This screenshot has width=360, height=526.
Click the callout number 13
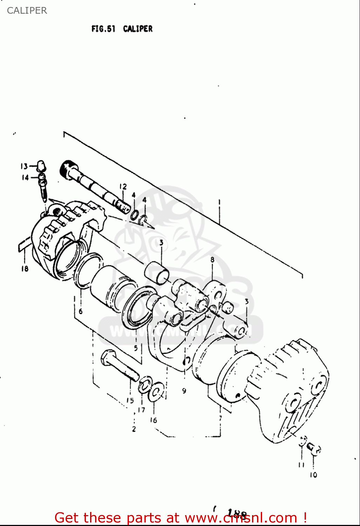click(x=24, y=166)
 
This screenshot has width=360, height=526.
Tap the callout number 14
click(x=25, y=177)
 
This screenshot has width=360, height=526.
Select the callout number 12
click(x=123, y=187)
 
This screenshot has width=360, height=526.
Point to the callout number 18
click(x=25, y=269)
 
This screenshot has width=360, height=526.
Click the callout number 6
click(x=81, y=311)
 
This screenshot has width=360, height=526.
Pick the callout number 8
click(x=212, y=260)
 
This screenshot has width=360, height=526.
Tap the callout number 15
click(x=130, y=400)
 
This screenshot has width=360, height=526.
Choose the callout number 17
click(x=141, y=410)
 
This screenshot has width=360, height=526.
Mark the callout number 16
click(x=154, y=420)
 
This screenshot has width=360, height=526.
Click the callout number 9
click(x=184, y=391)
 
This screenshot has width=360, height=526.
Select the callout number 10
click(x=313, y=475)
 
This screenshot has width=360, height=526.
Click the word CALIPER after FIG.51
click(x=138, y=29)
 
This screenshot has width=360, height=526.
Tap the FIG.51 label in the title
click(x=103, y=29)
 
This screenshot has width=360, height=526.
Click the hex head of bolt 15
click(x=107, y=358)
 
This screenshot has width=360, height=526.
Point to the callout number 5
click(x=136, y=348)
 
